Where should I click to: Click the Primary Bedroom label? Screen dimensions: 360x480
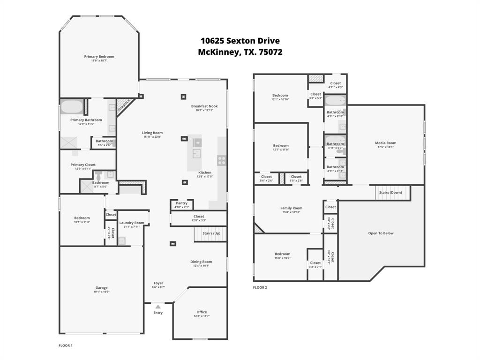click(x=99, y=57)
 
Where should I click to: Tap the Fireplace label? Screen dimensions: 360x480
click(x=123, y=105)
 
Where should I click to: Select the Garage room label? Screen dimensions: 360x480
click(x=101, y=288)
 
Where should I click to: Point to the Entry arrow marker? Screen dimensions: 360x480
click(x=158, y=307)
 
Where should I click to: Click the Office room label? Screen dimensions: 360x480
click(x=202, y=312)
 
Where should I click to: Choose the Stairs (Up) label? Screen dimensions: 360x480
click(x=211, y=233)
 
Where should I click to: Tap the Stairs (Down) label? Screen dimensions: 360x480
click(x=390, y=192)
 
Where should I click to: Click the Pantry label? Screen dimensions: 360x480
click(x=181, y=203)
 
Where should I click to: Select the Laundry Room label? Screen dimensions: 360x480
click(x=132, y=223)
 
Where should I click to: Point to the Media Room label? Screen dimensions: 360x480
click(x=385, y=143)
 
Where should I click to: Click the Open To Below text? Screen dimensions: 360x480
click(x=381, y=233)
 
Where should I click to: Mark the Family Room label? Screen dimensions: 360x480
click(x=291, y=208)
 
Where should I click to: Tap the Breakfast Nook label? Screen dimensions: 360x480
click(x=204, y=106)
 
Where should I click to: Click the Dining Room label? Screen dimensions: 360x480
click(x=201, y=262)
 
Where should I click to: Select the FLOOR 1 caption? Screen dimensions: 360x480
click(x=65, y=345)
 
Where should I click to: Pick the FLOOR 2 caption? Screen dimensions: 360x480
click(x=260, y=287)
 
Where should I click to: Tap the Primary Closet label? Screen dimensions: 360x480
click(x=83, y=165)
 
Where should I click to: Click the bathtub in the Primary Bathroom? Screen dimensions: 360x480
click(x=71, y=107)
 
